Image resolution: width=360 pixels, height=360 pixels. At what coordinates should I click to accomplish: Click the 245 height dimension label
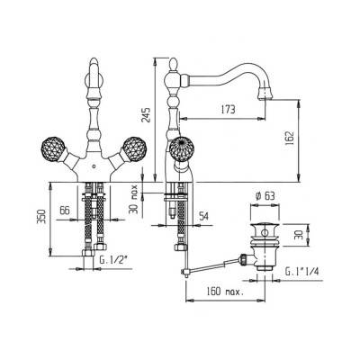point(146,114)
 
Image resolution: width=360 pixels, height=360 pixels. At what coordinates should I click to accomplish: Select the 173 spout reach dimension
point(228,110)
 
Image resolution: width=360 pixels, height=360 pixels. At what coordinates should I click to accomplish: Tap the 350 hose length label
point(41,217)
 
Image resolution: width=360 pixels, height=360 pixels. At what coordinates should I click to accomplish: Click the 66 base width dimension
point(65,210)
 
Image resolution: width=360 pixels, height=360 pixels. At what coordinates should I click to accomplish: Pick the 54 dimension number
point(203,215)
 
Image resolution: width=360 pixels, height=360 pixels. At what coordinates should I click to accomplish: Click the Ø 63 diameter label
point(265,196)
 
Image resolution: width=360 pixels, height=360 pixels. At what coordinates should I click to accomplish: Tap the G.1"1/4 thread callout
point(301,272)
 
